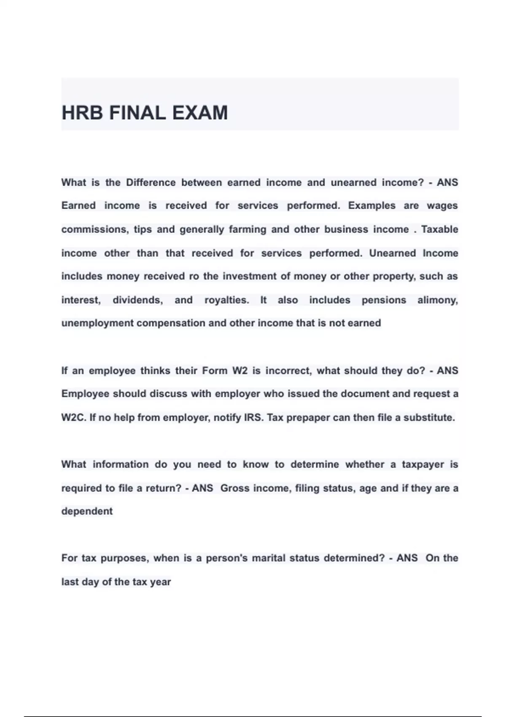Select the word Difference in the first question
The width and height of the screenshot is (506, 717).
151,183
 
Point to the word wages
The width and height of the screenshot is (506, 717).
442,206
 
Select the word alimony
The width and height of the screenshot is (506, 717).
437,300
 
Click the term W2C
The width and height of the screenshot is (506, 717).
74,418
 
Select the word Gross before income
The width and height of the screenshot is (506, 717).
234,488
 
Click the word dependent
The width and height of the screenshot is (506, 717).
87,511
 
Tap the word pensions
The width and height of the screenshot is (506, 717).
384,300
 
